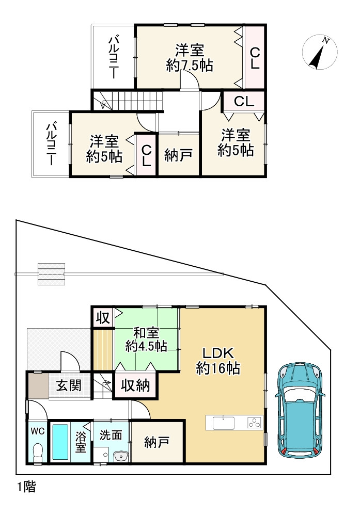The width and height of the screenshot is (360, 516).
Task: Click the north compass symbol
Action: click(x=320, y=53)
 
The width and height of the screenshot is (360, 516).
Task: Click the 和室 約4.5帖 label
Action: click(x=146, y=340)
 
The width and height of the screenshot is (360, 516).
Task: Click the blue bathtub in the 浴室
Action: click(x=60, y=442)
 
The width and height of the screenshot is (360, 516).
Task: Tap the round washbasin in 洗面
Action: click(x=119, y=456)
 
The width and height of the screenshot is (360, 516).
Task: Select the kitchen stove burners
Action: click(x=255, y=423)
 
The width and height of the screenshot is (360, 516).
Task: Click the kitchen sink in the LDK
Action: click(x=224, y=423)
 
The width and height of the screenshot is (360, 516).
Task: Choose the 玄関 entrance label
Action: click(x=69, y=385)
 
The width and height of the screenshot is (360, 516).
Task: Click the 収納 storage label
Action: click(x=135, y=385)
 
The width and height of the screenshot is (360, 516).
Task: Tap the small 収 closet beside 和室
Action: click(x=102, y=317)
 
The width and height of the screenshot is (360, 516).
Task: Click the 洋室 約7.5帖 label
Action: click(x=190, y=58)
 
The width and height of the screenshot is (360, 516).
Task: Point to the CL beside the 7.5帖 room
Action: click(x=255, y=58)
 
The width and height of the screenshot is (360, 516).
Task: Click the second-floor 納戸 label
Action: click(x=179, y=155)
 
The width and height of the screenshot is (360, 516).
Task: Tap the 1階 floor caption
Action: click(x=26, y=487)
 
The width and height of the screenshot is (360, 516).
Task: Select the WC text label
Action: click(x=38, y=431)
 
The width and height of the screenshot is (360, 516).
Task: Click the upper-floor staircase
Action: click(x=128, y=101)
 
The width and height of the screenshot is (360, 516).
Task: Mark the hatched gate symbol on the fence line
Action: click(x=51, y=274)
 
